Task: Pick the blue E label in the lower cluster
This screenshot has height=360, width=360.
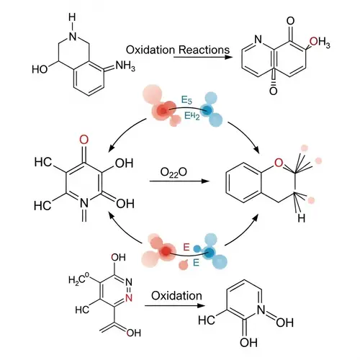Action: pos(196,263)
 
